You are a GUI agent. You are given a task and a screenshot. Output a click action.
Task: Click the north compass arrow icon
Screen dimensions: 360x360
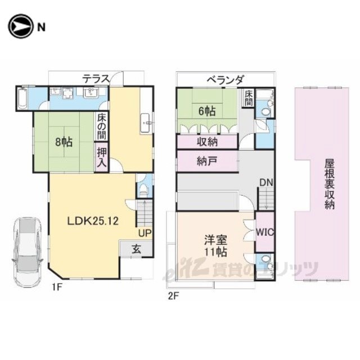[20, 26]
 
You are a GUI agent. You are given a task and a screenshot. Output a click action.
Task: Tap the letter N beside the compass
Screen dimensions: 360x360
[41, 28]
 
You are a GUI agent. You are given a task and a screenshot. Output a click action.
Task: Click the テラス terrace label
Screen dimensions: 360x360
[96, 79]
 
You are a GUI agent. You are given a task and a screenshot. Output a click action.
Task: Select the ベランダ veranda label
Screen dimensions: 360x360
[225, 80]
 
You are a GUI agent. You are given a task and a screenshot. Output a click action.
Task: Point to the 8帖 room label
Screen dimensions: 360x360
[64, 142]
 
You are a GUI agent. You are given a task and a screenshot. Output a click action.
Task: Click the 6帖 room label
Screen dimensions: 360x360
[207, 111]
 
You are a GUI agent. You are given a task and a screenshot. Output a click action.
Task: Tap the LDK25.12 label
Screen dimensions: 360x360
[93, 221]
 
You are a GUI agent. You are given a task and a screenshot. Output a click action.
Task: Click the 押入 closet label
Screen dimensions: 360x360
[101, 157]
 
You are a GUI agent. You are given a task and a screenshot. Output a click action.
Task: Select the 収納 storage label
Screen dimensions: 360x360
[207, 142]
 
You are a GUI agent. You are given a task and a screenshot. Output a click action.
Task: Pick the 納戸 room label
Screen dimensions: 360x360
[206, 161]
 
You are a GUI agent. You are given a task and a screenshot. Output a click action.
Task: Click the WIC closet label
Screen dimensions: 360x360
[265, 232]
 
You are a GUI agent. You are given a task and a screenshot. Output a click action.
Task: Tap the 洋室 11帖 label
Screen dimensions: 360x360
[216, 246]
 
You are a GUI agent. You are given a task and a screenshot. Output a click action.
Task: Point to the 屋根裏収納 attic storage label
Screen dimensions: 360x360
[330, 184]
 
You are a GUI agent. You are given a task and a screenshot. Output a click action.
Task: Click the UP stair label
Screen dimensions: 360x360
[145, 233]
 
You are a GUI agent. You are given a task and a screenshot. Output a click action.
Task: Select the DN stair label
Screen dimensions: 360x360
[266, 183]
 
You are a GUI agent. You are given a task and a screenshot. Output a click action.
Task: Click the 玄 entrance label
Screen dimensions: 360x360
[136, 249]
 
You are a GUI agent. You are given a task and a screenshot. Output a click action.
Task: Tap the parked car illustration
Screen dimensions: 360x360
[28, 252]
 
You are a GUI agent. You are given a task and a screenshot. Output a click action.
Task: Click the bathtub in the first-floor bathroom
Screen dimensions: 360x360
[22, 98]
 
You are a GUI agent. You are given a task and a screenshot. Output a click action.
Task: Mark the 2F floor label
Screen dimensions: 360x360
[173, 296]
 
